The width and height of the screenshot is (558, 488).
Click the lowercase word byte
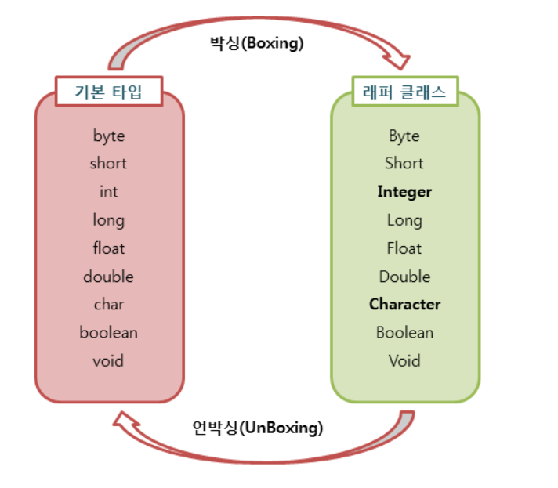[109, 136]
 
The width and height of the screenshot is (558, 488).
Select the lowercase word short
[108, 164]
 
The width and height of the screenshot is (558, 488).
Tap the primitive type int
[109, 192]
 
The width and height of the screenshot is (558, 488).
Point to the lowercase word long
[108, 221]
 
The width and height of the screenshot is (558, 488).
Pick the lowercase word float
[109, 248]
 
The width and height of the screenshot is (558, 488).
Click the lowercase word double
[108, 277]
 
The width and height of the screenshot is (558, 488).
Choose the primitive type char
[109, 304]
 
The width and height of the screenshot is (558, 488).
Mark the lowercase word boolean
[108, 332]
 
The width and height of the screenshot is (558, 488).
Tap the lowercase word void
[108, 360]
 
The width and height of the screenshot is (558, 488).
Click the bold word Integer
[404, 192]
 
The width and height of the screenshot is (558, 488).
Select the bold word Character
[404, 304]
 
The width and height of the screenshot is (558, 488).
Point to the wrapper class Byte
[404, 136]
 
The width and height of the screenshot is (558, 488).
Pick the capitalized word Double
[404, 277]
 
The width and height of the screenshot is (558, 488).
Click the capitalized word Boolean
[404, 332]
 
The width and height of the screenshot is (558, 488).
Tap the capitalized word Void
[404, 360]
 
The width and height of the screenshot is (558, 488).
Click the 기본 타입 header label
[109, 92]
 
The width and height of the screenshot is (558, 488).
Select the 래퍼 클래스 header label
[404, 92]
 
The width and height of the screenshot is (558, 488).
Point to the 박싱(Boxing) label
[256, 44]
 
